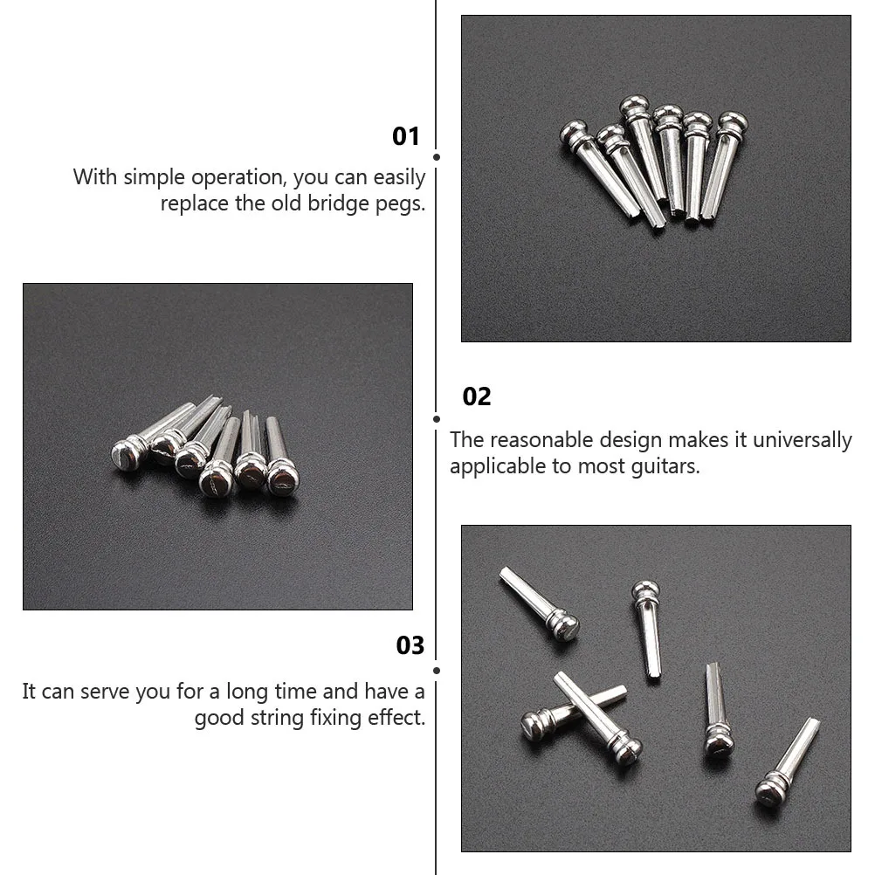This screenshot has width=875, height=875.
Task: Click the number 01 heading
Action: (406, 136)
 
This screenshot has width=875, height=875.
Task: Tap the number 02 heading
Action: (477, 396)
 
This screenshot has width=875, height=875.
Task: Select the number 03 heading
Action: (410, 645)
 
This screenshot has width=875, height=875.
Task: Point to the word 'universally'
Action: (803, 440)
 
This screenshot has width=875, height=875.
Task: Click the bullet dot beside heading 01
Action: (436, 157)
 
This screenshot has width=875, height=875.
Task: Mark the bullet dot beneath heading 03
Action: (436, 671)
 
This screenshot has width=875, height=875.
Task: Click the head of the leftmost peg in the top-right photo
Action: (574, 134)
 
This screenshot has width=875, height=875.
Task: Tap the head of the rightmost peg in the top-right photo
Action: (733, 122)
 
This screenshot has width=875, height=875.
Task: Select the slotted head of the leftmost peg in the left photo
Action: (126, 454)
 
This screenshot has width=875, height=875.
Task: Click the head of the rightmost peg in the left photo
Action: (282, 479)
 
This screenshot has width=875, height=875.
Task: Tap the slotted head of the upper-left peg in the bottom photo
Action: (564, 626)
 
